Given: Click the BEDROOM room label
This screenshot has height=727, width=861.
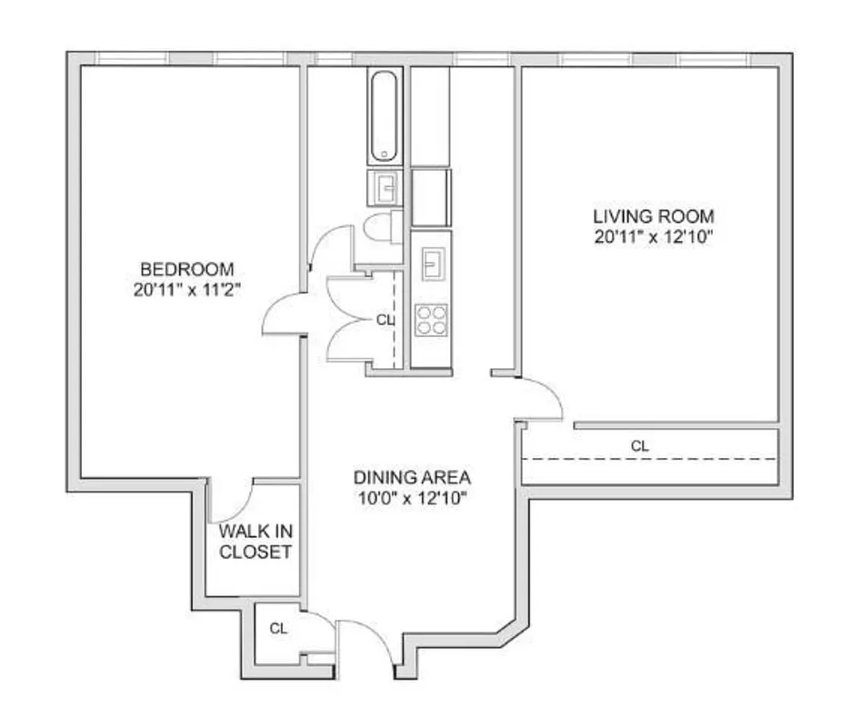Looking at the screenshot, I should (x=186, y=270).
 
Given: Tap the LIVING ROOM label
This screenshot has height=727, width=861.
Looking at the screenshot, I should (x=653, y=217).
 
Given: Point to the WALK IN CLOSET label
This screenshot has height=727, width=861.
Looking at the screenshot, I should (x=254, y=542).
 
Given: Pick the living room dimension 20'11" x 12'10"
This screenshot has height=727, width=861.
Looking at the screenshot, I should (x=653, y=237).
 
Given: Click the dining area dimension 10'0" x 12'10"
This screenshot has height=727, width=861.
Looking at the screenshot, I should (x=412, y=498).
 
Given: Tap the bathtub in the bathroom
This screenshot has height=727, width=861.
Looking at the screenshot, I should (x=385, y=115).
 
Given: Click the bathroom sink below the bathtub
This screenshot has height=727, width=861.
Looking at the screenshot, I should (x=385, y=188).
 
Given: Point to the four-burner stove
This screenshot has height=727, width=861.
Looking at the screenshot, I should (x=431, y=320).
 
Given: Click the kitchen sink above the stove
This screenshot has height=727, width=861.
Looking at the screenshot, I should (x=431, y=264).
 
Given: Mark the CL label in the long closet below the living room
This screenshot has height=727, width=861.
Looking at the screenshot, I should (x=641, y=446).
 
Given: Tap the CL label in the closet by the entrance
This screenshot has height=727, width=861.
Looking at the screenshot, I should (x=278, y=628).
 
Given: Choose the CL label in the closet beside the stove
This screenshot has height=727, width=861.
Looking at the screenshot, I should (x=385, y=320).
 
